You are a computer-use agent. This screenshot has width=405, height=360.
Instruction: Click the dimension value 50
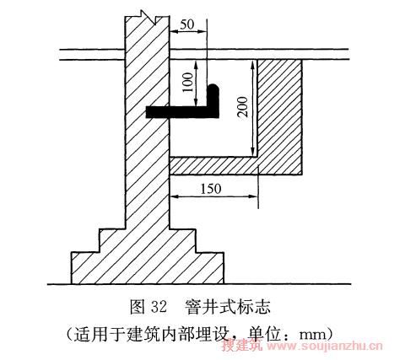pos(187,24)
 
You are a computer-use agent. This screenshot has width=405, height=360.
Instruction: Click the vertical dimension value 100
pos(188,82)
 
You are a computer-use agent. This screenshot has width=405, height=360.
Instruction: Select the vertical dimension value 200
pos(242,107)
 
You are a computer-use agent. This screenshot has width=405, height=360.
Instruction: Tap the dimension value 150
pos(211,189)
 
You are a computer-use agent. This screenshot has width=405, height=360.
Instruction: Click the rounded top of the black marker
pos(213,89)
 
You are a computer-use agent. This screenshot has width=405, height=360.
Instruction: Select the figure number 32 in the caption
pos(159,307)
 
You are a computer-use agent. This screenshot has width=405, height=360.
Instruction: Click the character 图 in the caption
pos(137,307)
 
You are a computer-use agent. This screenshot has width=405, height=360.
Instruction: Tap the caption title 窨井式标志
pos(228,307)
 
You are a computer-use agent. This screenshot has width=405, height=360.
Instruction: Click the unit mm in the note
pos(314,335)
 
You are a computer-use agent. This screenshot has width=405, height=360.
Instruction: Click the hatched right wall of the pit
pos(280,116)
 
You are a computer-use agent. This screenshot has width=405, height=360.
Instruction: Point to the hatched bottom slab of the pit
pos(213,166)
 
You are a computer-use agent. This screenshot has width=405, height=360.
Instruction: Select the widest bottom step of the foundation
pos(148,268)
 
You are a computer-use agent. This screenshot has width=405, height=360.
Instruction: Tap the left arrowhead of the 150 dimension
pos(175,196)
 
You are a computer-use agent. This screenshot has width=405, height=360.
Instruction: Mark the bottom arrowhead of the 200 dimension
pos(254,152)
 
